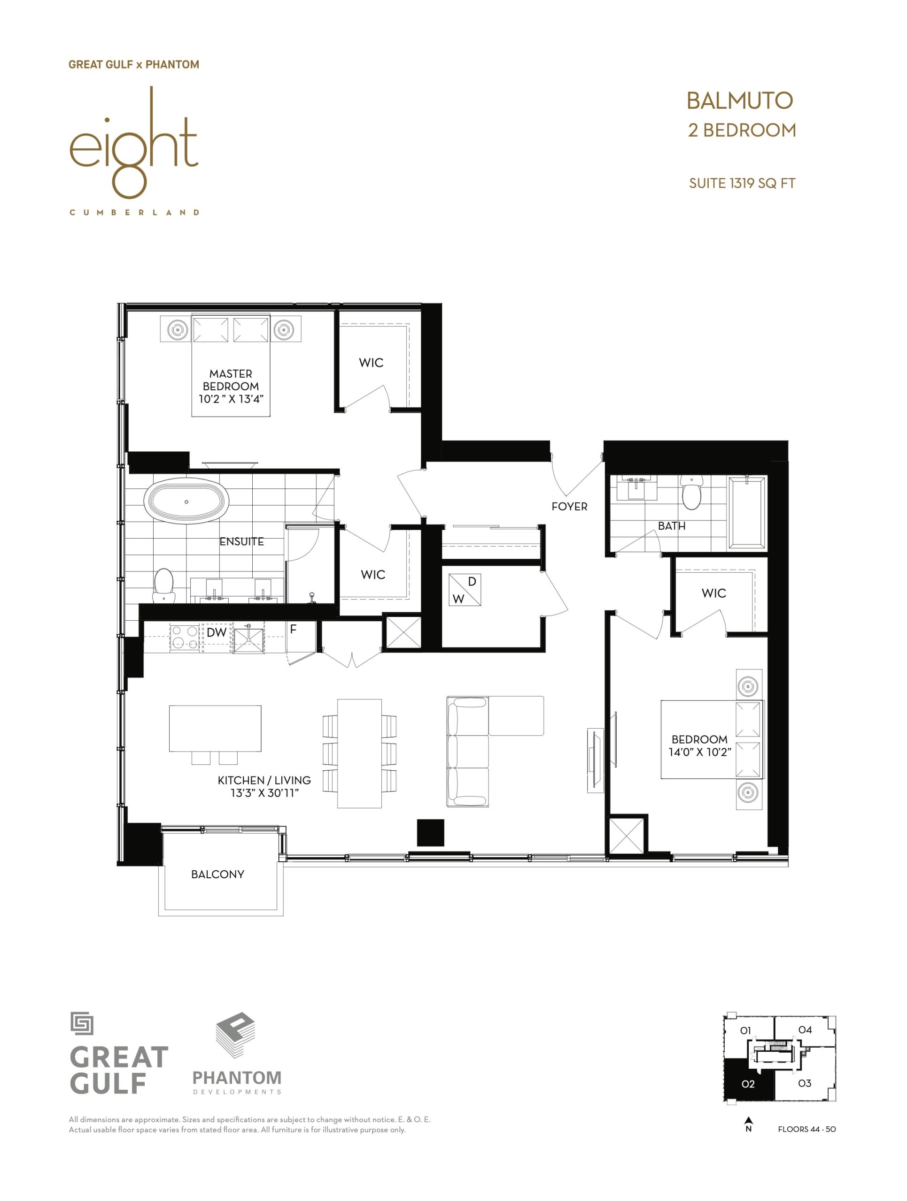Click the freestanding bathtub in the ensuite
[186, 501]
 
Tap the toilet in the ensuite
[163, 585]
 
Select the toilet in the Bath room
[691, 492]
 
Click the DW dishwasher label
[216, 632]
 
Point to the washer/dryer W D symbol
[465, 590]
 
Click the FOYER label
[569, 507]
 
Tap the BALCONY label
[217, 874]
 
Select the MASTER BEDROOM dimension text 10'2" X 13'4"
[231, 399]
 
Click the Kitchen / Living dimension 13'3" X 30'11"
[264, 793]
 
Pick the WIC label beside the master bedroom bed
[371, 363]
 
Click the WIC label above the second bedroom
[713, 593]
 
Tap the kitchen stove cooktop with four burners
[186, 638]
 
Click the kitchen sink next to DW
[248, 638]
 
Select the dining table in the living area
[359, 753]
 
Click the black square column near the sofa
[430, 832]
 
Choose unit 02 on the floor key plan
[748, 1084]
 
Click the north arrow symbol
[748, 1119]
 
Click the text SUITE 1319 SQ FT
[742, 183]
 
